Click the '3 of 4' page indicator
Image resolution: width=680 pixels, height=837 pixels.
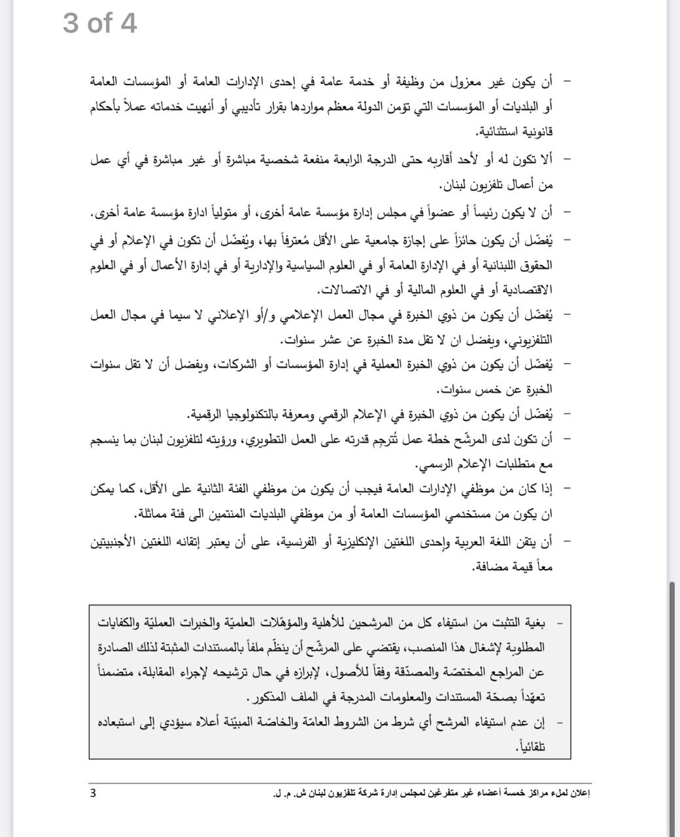99,24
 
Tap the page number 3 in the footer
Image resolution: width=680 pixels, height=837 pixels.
93,793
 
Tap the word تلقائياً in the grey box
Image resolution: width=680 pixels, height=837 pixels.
531,746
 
